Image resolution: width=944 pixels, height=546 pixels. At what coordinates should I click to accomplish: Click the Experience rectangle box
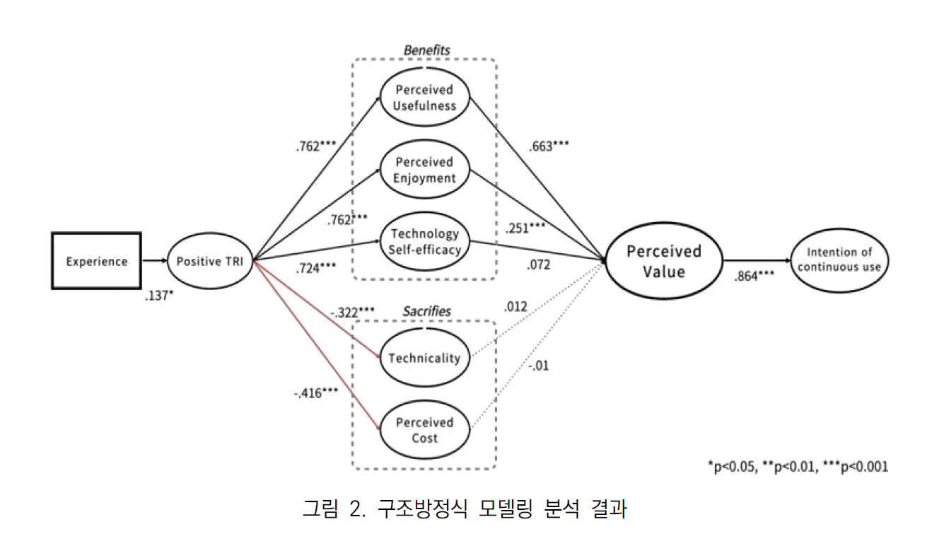point(97,261)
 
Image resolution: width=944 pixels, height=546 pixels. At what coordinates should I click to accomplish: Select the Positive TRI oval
point(210,261)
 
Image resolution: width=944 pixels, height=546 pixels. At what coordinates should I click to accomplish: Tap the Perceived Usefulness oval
point(425,98)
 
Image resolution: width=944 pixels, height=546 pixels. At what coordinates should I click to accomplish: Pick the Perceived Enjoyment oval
point(425,170)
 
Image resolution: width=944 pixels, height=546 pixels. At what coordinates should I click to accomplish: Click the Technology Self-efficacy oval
point(424,241)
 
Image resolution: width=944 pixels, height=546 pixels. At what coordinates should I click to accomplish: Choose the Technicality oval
point(424,357)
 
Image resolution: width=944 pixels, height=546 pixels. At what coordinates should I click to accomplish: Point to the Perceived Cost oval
point(424,430)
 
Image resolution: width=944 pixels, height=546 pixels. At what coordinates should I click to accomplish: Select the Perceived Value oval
point(653,261)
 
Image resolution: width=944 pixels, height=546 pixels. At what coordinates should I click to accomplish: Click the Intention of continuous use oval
point(839,260)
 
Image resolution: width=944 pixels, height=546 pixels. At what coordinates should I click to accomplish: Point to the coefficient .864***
point(754,277)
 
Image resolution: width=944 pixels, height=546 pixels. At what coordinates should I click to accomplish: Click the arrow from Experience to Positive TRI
point(153,261)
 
